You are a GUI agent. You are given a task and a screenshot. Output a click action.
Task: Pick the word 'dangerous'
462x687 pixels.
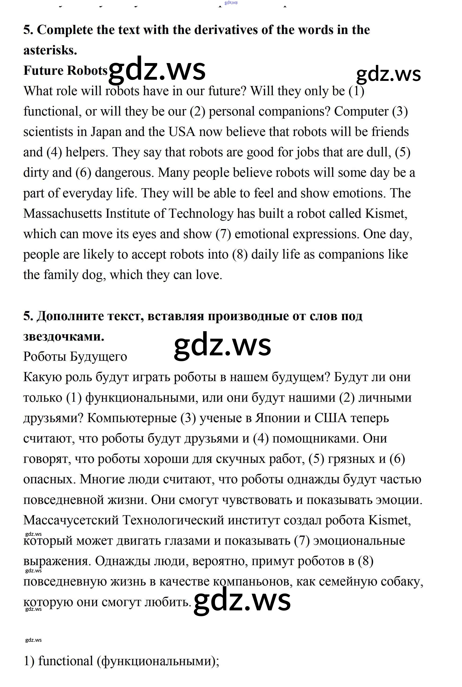(x=124, y=173)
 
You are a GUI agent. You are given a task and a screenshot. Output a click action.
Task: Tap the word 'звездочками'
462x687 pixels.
(x=63, y=336)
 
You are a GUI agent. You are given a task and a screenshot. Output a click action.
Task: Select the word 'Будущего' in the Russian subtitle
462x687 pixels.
(x=98, y=357)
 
